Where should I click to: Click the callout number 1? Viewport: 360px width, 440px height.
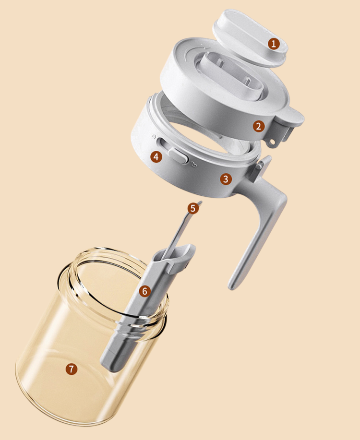274,44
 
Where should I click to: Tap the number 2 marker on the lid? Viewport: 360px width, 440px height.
259,126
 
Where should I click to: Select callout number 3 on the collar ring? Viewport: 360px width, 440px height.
226,179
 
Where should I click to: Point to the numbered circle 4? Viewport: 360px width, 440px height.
156,156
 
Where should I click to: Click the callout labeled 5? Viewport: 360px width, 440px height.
193,208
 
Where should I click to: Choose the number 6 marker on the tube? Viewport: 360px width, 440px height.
144,291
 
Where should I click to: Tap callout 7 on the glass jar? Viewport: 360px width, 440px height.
72,369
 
